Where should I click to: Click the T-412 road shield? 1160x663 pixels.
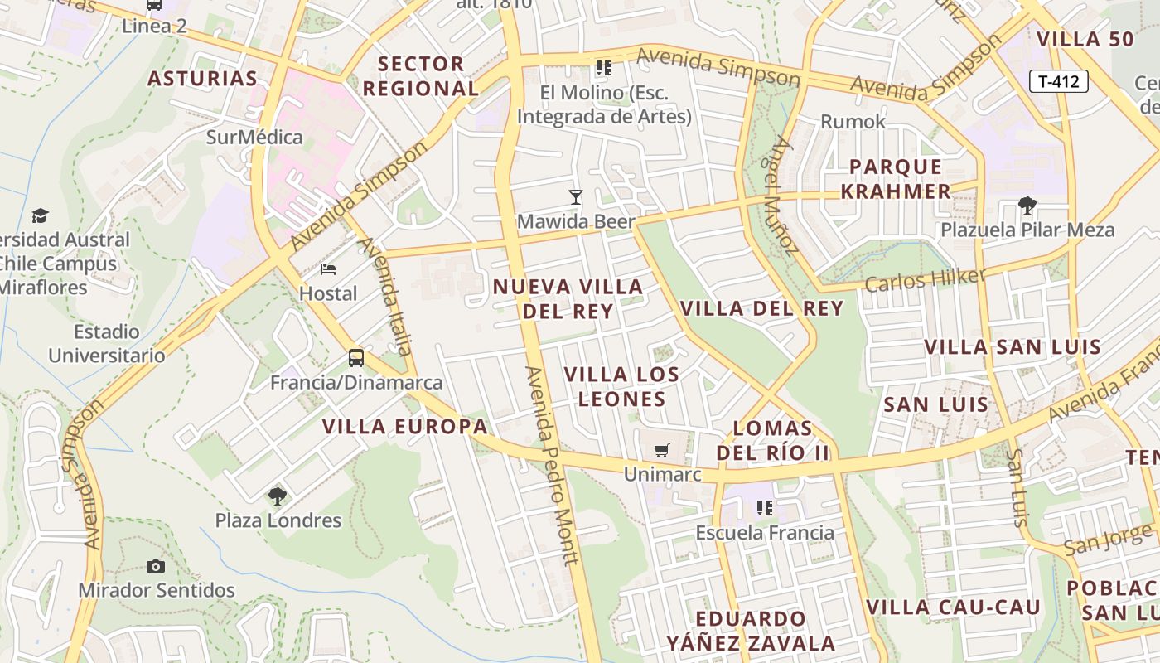click(x=1058, y=81)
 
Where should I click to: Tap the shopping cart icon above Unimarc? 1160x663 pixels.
click(x=661, y=450)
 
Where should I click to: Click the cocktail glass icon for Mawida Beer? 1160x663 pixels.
click(x=576, y=197)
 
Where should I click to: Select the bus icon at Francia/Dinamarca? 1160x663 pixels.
click(x=356, y=358)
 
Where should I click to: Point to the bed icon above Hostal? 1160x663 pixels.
click(x=328, y=269)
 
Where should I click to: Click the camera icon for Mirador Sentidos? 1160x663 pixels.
click(x=156, y=567)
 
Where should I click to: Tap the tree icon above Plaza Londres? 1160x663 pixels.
click(x=278, y=496)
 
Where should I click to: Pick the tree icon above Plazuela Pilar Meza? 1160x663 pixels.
click(x=1027, y=206)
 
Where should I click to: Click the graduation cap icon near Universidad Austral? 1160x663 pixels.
click(x=40, y=216)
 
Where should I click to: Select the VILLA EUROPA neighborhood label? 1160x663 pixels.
click(x=405, y=427)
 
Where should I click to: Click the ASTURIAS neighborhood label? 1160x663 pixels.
click(x=203, y=79)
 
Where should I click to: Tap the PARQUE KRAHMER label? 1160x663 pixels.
click(x=896, y=179)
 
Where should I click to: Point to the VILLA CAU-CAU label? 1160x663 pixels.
click(x=953, y=607)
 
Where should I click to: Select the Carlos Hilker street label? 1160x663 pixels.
click(x=925, y=280)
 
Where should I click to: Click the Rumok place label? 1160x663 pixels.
click(x=853, y=122)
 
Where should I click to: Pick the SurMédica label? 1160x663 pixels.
click(x=254, y=137)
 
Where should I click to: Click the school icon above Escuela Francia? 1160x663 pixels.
click(x=764, y=507)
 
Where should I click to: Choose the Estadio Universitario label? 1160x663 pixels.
click(x=107, y=344)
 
